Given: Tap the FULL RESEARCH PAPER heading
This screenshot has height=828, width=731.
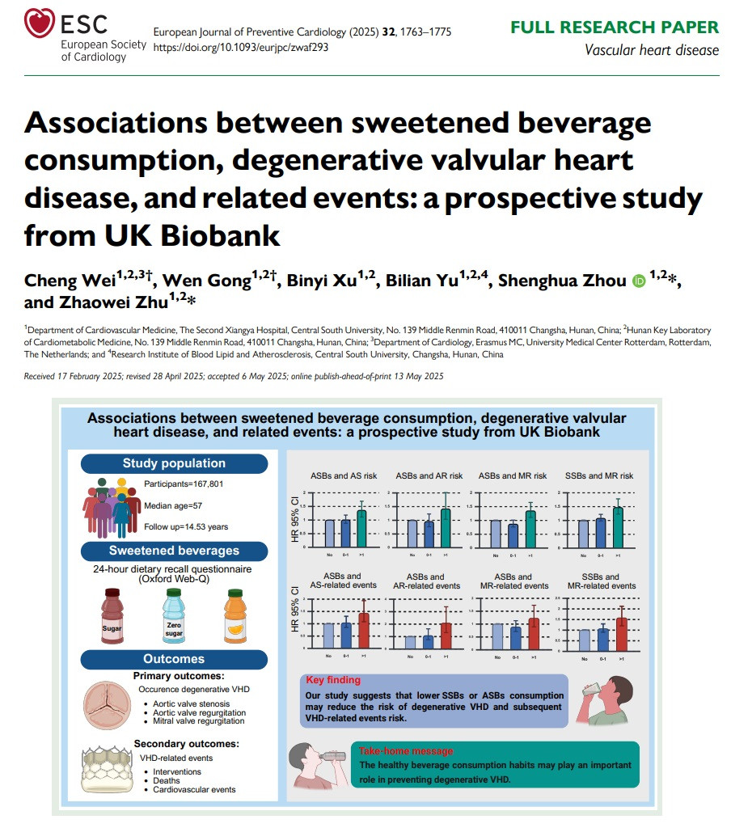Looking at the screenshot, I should [x=614, y=27].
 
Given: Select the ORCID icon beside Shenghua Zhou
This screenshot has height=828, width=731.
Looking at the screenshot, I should [x=639, y=281].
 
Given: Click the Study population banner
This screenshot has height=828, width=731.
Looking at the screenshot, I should [x=174, y=463].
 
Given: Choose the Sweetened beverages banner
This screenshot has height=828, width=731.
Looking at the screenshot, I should [x=175, y=551].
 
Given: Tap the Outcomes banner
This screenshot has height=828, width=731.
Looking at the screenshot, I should [x=174, y=658].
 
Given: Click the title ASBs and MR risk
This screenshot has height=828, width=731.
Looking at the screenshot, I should [x=513, y=475].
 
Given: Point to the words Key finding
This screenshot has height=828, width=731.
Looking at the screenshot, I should [x=333, y=680].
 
